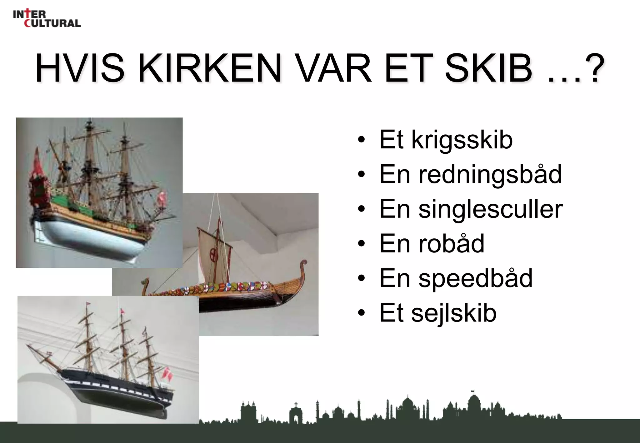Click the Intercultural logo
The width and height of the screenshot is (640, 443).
point(47,19)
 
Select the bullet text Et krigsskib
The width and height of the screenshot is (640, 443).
point(446,140)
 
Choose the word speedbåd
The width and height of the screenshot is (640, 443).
point(475,278)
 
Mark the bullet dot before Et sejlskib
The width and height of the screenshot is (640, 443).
point(361,313)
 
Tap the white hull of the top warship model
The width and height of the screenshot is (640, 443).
point(91,237)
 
